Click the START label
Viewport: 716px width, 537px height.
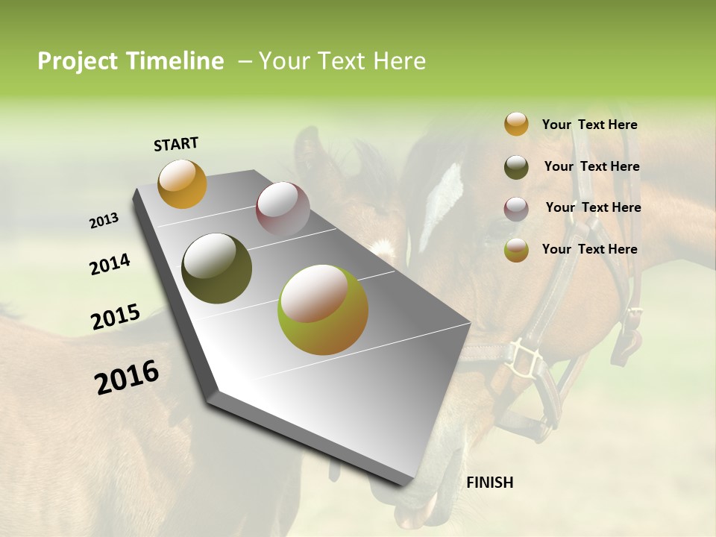(176, 144)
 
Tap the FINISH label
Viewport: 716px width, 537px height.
(489, 483)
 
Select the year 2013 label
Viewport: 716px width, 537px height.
(104, 221)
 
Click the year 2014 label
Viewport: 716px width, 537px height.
(110, 264)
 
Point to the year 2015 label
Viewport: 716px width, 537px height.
(116, 317)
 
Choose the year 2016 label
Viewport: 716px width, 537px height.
(127, 377)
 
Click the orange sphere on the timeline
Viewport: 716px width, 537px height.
(182, 183)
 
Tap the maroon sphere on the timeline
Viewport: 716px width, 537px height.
(282, 209)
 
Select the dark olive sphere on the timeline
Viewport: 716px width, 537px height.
(216, 268)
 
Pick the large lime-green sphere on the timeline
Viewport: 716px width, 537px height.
(323, 310)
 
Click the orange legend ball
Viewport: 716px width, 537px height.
(516, 125)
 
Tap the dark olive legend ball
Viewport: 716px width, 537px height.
(516, 166)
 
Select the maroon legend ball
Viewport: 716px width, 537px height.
(516, 208)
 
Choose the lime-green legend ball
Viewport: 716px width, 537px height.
(516, 250)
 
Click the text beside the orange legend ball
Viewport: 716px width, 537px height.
(589, 125)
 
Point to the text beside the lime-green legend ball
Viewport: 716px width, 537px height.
(589, 249)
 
